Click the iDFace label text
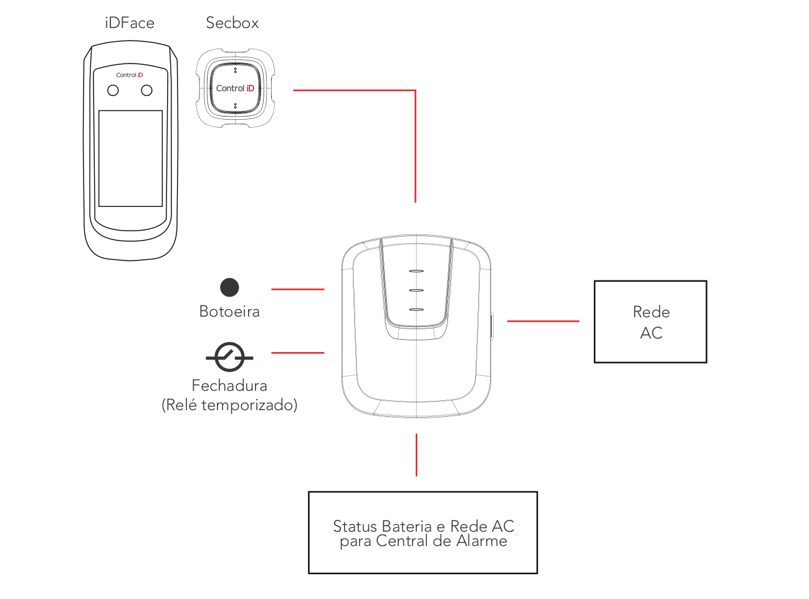click(x=130, y=23)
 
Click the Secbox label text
click(x=232, y=23)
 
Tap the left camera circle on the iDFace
click(x=113, y=90)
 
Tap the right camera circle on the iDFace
click(x=146, y=90)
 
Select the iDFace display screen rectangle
click(x=131, y=158)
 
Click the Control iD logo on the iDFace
click(x=130, y=75)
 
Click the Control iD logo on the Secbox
click(x=235, y=89)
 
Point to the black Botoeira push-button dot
click(x=229, y=287)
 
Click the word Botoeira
click(x=229, y=312)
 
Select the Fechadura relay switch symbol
click(x=229, y=357)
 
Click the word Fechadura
click(x=229, y=386)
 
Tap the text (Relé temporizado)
click(x=229, y=405)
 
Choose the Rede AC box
click(x=650, y=322)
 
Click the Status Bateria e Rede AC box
click(x=423, y=532)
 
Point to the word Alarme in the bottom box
click(x=481, y=541)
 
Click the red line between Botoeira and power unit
click(x=297, y=289)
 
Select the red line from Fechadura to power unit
click(x=297, y=353)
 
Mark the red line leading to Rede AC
click(x=543, y=321)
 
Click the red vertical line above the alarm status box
click(x=416, y=455)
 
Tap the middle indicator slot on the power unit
click(x=416, y=290)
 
